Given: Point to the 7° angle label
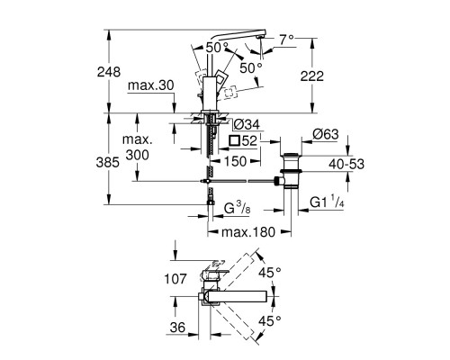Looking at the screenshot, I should click(x=285, y=40).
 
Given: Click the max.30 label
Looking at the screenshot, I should click(x=149, y=85).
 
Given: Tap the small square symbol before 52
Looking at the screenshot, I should click(x=236, y=141).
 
